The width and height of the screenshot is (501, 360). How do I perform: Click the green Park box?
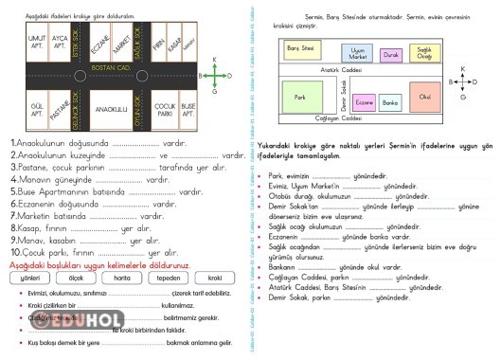pyautogui.click(x=299, y=98)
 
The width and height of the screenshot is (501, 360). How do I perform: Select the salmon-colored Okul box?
pyautogui.click(x=425, y=97)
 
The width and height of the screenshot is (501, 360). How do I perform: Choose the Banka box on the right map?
pyautogui.click(x=389, y=101)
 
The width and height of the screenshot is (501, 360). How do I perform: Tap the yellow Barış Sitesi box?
pyautogui.click(x=301, y=46)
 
